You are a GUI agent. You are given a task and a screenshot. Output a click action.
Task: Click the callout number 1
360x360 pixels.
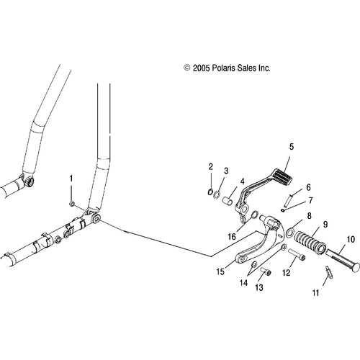71,179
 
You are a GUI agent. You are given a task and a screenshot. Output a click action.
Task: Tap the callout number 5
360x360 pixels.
292,147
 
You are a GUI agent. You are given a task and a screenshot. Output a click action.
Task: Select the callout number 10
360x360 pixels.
351,240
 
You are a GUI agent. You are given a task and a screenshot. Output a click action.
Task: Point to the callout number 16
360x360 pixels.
232,237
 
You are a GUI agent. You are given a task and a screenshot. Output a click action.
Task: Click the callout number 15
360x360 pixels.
220,271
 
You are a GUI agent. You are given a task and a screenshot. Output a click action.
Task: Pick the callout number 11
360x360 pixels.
315,293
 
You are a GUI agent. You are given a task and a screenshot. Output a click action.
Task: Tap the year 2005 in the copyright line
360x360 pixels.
201,68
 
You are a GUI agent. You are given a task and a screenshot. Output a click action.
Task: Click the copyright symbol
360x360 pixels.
186,68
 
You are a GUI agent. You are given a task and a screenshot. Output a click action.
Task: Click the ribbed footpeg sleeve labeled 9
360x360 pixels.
310,242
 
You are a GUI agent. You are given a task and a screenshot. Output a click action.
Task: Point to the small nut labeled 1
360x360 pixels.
71,204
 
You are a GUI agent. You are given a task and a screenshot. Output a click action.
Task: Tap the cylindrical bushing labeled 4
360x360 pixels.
227,201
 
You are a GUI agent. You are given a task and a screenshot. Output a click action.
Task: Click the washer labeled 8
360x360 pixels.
290,232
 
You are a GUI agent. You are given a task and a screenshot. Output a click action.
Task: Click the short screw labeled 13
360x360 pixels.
266,273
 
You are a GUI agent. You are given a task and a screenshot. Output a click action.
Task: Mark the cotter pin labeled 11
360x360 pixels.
328,270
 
